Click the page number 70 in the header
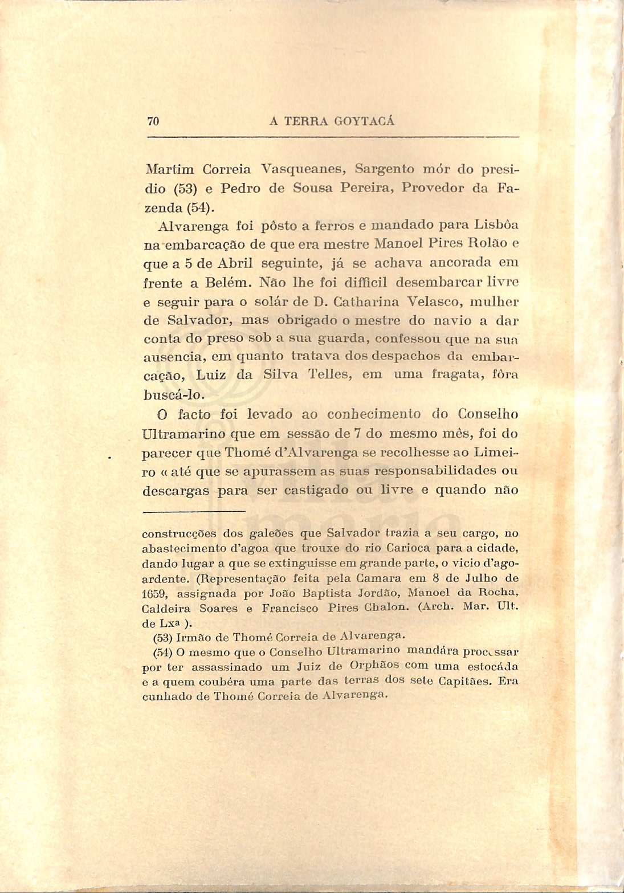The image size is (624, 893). pos(153,121)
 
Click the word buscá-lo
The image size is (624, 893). pos(170,394)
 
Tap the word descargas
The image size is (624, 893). pos(176,490)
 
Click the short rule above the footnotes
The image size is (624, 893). pos(193,511)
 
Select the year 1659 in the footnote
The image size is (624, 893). pos(154,593)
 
